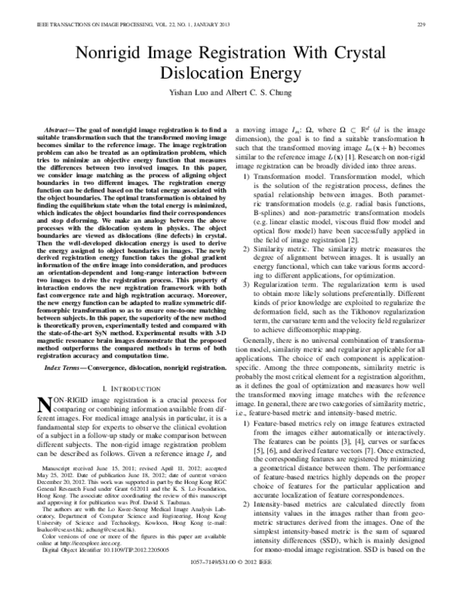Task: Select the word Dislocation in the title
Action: (199, 74)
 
